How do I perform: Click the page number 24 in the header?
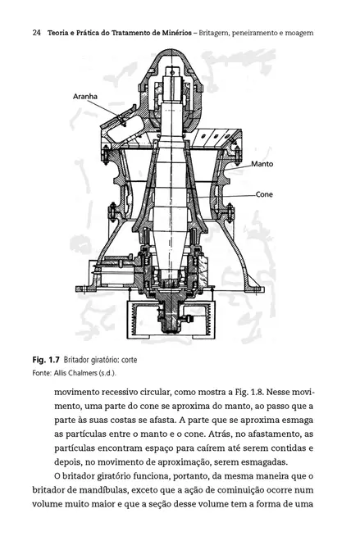pos(37,33)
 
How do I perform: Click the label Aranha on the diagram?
pos(85,96)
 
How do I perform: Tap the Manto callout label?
pos(262,164)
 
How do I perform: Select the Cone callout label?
pos(264,194)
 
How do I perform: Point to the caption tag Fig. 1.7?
pos(46,360)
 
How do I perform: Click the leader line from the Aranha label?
pos(107,111)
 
